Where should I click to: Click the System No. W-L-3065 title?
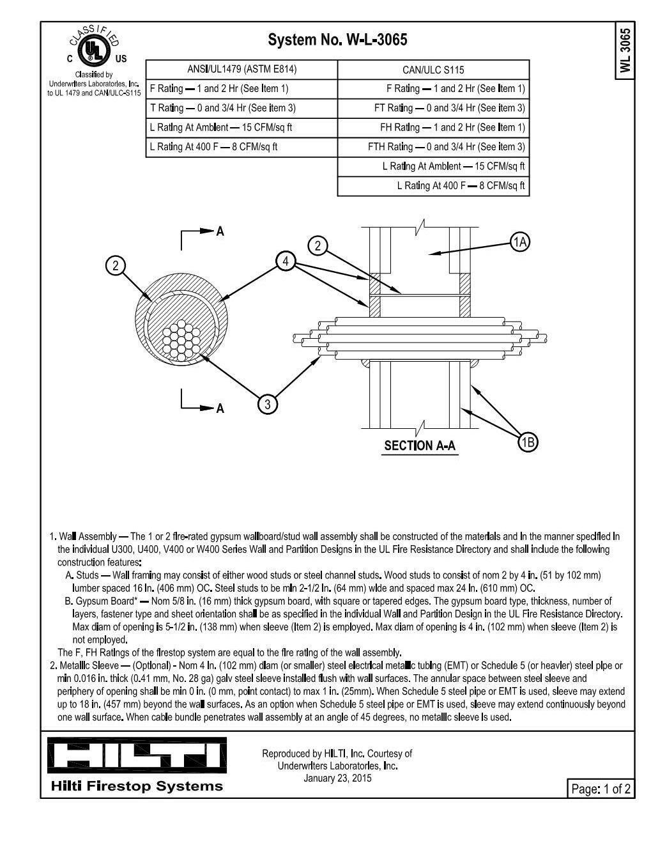(x=337, y=40)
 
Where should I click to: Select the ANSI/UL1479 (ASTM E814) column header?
(x=241, y=69)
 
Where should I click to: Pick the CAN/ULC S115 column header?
(x=433, y=70)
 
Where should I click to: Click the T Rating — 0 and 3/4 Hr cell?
(x=223, y=108)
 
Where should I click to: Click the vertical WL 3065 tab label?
(x=625, y=50)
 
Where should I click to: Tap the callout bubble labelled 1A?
(x=521, y=242)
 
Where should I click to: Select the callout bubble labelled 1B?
(x=528, y=442)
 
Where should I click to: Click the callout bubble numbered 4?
(x=286, y=261)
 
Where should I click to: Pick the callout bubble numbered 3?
(x=268, y=404)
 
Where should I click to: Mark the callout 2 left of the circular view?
(x=115, y=265)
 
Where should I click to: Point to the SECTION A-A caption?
(x=420, y=445)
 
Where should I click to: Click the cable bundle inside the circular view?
(x=184, y=338)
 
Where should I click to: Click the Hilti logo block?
(x=137, y=755)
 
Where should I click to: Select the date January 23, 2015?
(x=337, y=778)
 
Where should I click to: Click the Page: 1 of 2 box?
(x=601, y=789)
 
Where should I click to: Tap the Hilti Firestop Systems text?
(x=137, y=786)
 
